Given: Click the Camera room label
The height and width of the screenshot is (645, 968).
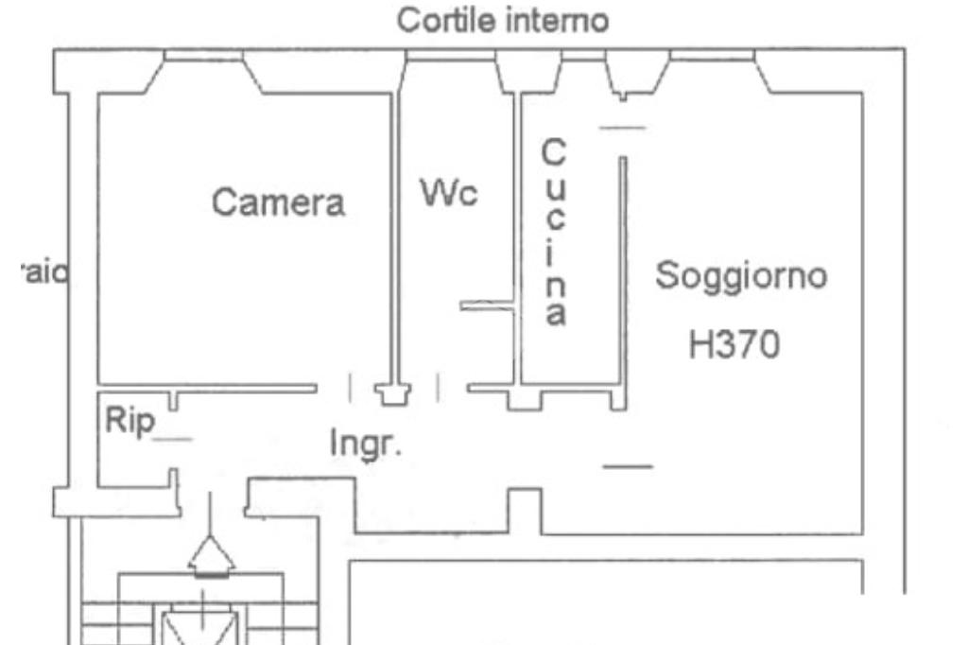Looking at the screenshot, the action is click(x=278, y=202).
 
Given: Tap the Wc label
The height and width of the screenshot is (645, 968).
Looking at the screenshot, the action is click(x=449, y=194).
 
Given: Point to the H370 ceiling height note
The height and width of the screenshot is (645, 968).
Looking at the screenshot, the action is click(x=735, y=345).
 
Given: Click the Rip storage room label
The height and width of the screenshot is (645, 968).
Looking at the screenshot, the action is click(x=128, y=422).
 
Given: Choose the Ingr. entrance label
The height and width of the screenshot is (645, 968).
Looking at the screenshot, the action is click(x=365, y=443).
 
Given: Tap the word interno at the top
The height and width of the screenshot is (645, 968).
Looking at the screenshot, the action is click(x=559, y=20).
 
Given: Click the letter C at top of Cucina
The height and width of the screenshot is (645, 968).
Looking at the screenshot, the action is click(x=554, y=151).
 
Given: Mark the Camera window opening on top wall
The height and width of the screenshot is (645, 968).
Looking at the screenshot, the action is click(x=204, y=59).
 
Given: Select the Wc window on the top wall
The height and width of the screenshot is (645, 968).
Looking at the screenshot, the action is click(x=450, y=59).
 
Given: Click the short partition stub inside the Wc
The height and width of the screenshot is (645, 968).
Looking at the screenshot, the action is click(x=486, y=305).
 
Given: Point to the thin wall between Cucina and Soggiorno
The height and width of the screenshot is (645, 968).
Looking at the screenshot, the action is click(x=623, y=274).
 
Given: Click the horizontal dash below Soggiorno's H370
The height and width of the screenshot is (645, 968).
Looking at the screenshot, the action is click(x=628, y=465).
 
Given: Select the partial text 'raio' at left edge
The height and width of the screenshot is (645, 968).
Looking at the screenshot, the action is click(x=45, y=273).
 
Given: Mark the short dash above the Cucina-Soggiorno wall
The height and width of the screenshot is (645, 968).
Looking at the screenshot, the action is click(x=623, y=128).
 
